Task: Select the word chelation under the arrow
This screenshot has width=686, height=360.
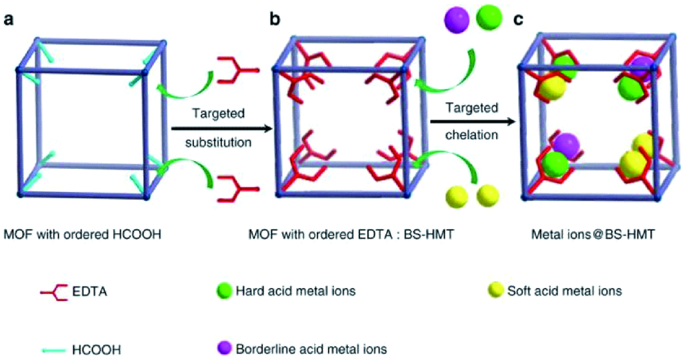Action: pos(471,134)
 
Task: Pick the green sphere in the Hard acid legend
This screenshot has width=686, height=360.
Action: pos(220,290)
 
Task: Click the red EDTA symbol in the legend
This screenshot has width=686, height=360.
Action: pos(53,291)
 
